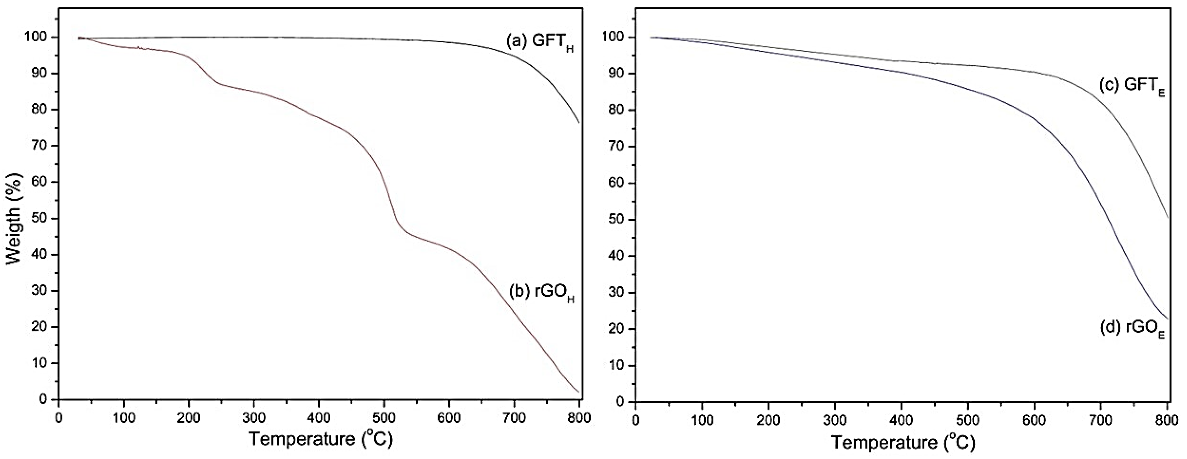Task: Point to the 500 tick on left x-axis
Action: tap(384, 418)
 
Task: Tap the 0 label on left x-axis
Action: tap(59, 418)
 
